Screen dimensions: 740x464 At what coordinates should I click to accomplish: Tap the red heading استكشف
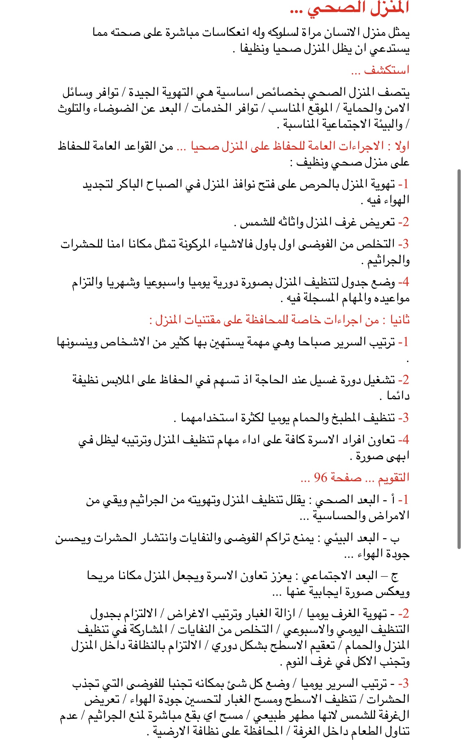(x=387, y=70)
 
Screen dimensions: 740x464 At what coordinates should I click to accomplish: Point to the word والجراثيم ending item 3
(x=388, y=260)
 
